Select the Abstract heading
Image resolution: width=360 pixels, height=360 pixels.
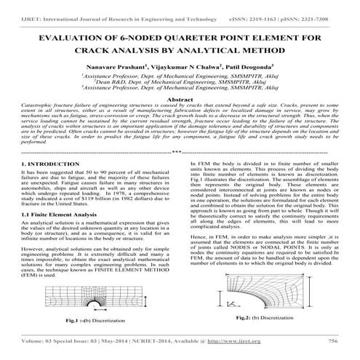[x=179, y=97]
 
